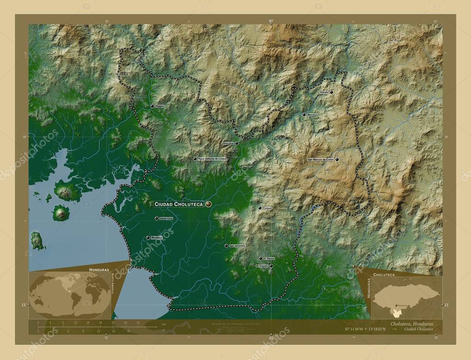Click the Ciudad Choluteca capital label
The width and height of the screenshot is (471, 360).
(178, 204)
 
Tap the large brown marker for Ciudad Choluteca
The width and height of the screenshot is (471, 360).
(208, 204)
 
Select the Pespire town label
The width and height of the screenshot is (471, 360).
(160, 106)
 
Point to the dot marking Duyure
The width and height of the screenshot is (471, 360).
(331, 92)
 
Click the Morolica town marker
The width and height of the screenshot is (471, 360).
(304, 114)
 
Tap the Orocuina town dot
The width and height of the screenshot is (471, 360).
(237, 143)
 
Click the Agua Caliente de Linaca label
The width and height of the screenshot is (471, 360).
(213, 159)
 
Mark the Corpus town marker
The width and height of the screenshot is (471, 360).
(260, 208)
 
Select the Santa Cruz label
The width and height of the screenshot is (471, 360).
(166, 218)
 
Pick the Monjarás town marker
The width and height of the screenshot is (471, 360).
(148, 238)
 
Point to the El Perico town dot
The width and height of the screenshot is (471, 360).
(260, 258)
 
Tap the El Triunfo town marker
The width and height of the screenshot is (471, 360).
(271, 266)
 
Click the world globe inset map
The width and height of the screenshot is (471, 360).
(69, 295)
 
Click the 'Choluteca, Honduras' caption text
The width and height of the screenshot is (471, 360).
(411, 324)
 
